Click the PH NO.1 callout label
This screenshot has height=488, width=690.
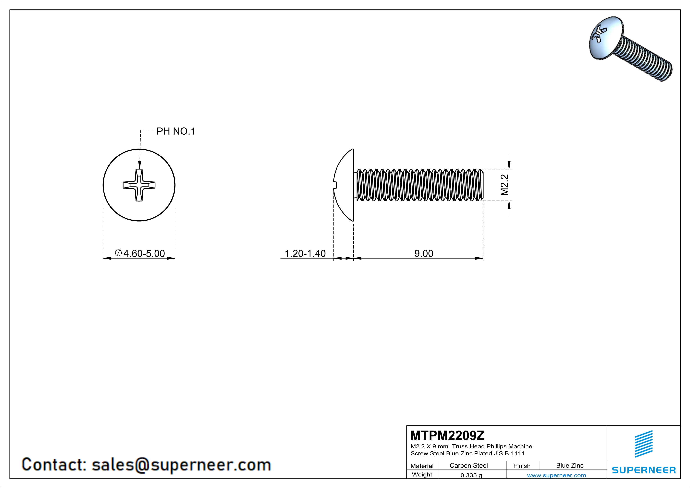[176, 131]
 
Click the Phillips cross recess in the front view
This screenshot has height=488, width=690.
[139, 185]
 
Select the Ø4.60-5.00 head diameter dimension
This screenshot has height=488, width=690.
[140, 253]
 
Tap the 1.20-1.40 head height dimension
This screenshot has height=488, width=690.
[305, 253]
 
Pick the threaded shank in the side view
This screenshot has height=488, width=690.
[419, 185]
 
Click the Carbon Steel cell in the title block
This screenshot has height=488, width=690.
[468, 465]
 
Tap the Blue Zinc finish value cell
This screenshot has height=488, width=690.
[569, 465]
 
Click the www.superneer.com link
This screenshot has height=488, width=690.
[556, 475]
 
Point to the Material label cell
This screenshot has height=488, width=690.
[422, 466]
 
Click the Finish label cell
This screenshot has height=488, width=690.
[522, 466]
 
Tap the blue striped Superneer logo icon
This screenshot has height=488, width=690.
[643, 444]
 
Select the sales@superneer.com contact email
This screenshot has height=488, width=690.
[181, 464]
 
